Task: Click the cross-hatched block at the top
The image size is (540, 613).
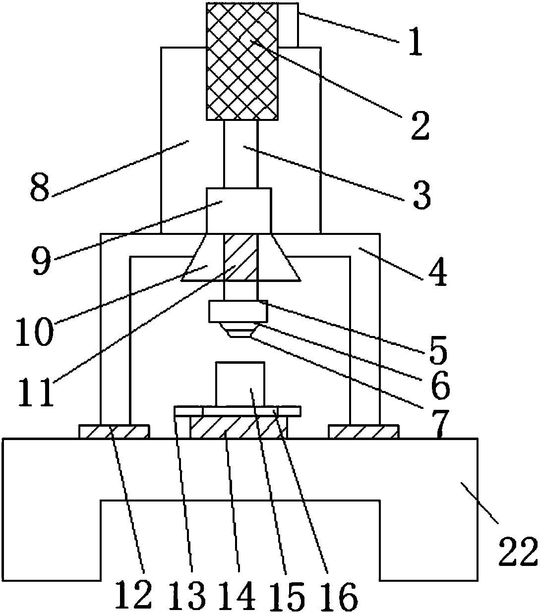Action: coord(241,61)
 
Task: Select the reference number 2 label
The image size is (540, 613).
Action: coord(420,125)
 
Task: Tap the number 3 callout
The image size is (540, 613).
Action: coord(422,195)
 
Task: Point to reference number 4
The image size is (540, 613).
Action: coord(437,272)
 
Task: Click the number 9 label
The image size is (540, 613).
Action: coord(41,261)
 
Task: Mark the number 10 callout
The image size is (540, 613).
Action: coord(34,332)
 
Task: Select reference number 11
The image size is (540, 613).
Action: coord(36,391)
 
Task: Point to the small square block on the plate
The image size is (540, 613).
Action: coord(240,384)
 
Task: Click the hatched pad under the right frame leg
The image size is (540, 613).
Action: coord(363,432)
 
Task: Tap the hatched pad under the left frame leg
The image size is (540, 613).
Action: coord(114,432)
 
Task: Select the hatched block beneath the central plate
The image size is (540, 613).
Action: coord(239,427)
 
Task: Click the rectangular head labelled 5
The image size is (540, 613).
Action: coord(239,311)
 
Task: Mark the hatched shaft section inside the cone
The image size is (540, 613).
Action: coord(241,257)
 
